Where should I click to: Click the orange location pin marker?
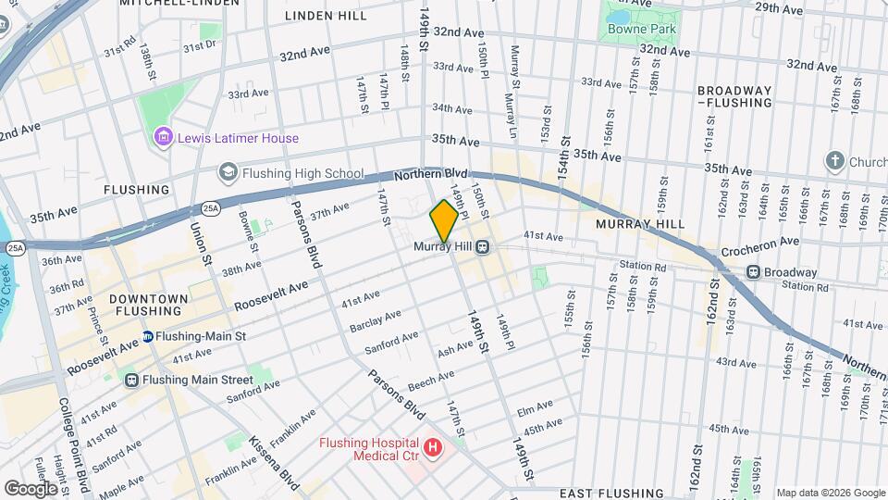tap(444, 220)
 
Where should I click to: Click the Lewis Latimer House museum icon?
tap(164, 138)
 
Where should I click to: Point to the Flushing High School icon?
tap(227, 172)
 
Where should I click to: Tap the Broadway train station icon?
tap(754, 272)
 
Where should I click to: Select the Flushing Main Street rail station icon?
tap(131, 379)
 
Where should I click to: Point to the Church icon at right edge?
tap(835, 160)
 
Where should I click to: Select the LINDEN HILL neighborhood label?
tap(326, 16)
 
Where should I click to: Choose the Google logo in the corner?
tap(30, 488)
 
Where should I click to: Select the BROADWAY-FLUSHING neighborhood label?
tap(734, 96)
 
